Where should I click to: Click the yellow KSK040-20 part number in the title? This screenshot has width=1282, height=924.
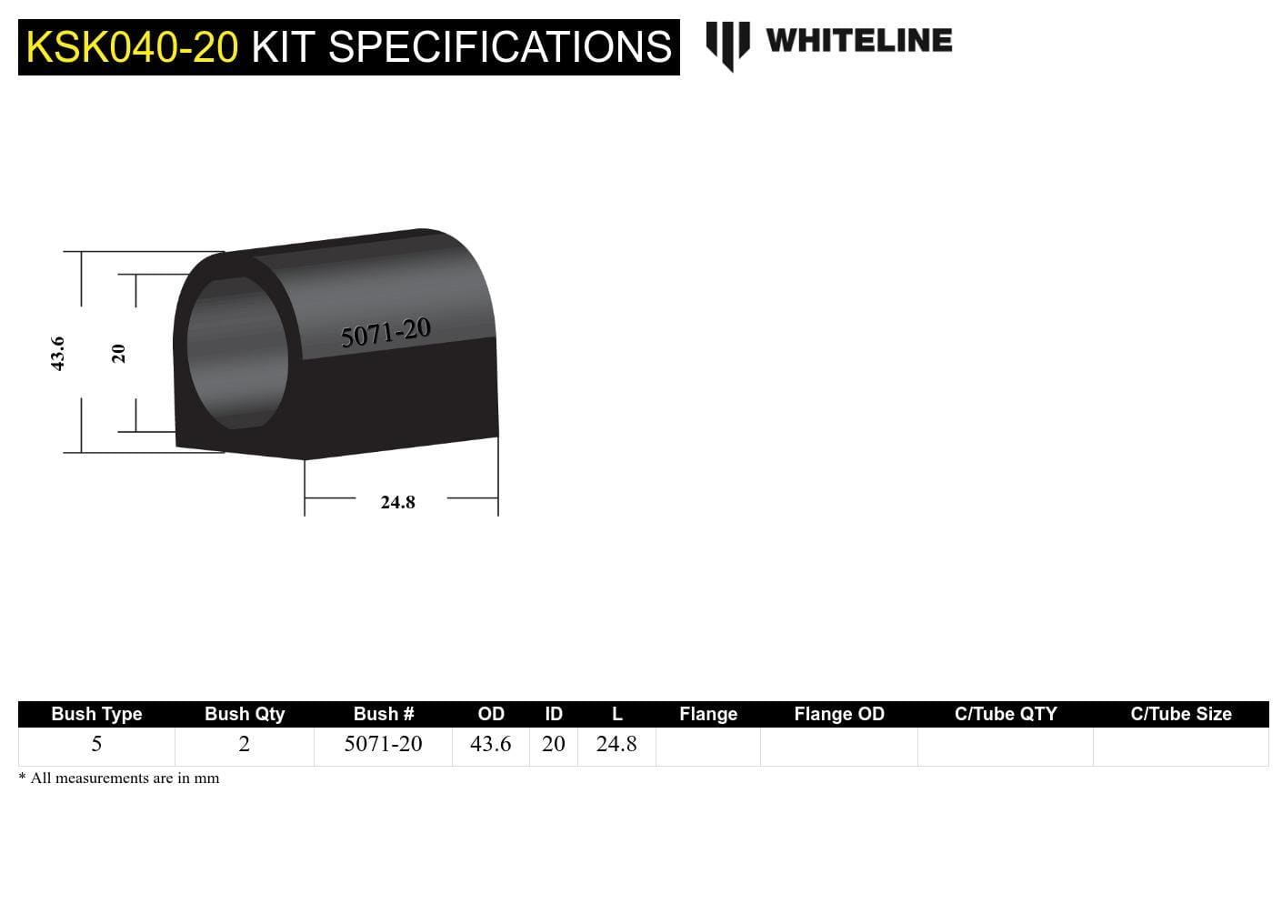132,47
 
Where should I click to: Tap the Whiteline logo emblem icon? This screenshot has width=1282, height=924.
727,44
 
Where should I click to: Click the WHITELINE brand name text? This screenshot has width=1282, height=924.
858,41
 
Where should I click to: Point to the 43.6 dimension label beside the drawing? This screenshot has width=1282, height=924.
57,353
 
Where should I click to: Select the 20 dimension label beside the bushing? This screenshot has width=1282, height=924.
118,353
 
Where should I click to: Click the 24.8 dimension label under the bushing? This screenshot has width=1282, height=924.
397,502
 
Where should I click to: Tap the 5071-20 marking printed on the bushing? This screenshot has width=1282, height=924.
386,333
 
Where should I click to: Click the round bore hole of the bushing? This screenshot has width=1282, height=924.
237,353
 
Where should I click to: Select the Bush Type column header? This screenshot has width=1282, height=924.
96,714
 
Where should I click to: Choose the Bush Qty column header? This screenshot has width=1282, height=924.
245,714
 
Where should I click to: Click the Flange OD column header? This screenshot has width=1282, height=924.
838,714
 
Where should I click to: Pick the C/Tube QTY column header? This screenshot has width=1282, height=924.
1006,714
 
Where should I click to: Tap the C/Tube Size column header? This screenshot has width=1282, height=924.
1180,714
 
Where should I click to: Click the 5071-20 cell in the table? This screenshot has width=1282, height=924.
383,744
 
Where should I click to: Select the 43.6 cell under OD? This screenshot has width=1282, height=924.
490,744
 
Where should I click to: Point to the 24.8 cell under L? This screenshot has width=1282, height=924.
616,744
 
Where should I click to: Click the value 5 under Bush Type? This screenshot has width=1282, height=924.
96,744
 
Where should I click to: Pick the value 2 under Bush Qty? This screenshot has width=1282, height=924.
244,744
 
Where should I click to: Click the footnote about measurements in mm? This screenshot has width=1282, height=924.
119,778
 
